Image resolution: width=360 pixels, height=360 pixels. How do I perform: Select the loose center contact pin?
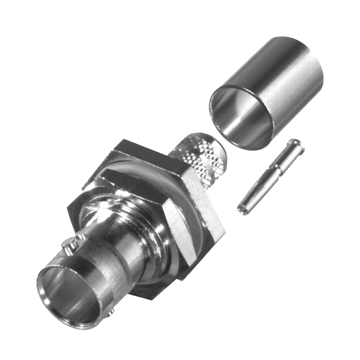271,176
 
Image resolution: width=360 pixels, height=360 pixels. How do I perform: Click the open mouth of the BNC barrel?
67,295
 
